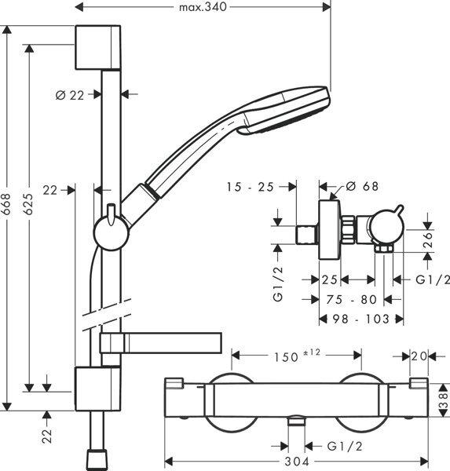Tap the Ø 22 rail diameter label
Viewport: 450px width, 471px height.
[x=70, y=94]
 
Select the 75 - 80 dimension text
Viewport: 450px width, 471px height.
[x=352, y=299]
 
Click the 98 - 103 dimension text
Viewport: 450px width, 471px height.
[x=362, y=319]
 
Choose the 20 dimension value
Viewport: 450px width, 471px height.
[x=419, y=356]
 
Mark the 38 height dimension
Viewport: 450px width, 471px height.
[x=441, y=401]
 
